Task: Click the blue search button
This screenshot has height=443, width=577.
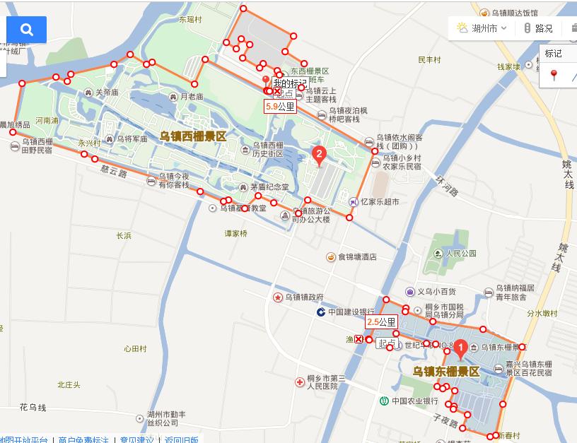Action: pyautogui.click(x=27, y=30)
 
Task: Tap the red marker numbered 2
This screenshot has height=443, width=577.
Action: pyautogui.click(x=319, y=154)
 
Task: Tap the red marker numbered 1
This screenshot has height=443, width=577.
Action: pyautogui.click(x=460, y=348)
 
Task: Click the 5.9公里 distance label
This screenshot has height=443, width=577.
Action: pyautogui.click(x=280, y=107)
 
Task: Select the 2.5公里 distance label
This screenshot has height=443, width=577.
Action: pyautogui.click(x=381, y=321)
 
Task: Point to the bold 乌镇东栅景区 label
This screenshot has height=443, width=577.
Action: pyautogui.click(x=446, y=371)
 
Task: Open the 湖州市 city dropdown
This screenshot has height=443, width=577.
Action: pyautogui.click(x=483, y=28)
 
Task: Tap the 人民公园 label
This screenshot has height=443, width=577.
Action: pyautogui.click(x=461, y=253)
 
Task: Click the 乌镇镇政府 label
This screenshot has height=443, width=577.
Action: pyautogui.click(x=305, y=297)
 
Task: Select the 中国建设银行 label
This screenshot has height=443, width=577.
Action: pyautogui.click(x=351, y=312)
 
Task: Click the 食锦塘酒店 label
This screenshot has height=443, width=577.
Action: pyautogui.click(x=357, y=257)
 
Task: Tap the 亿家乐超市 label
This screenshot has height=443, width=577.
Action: pyautogui.click(x=380, y=201)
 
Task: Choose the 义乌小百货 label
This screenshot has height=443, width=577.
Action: pyautogui.click(x=436, y=291)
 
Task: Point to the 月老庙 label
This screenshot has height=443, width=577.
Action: pyautogui.click(x=191, y=96)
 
